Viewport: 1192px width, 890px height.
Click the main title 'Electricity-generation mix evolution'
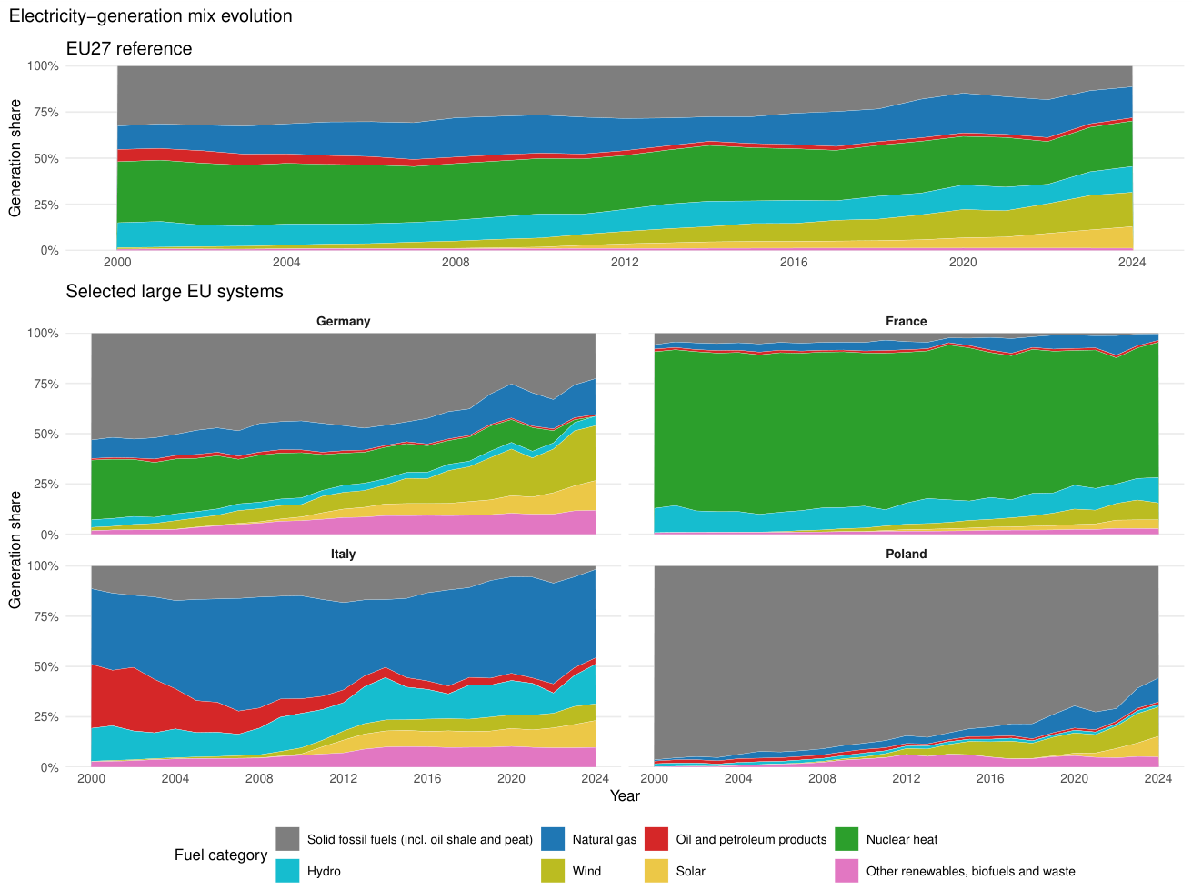pyautogui.click(x=150, y=15)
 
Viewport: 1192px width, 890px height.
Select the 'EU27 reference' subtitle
pyautogui.click(x=129, y=48)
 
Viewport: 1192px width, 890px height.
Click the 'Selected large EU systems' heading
pyautogui.click(x=175, y=292)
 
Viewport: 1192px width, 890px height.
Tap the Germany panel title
pyautogui.click(x=343, y=321)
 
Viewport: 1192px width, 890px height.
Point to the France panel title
pyautogui.click(x=906, y=321)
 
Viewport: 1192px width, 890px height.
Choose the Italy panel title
pyautogui.click(x=343, y=554)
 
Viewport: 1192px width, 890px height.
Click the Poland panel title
pyautogui.click(x=906, y=554)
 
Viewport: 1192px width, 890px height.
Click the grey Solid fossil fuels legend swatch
pyautogui.click(x=287, y=839)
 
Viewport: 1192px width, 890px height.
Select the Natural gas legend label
pyautogui.click(x=604, y=839)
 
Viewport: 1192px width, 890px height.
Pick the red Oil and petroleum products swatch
pyautogui.click(x=656, y=839)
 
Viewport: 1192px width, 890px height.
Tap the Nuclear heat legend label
pyautogui.click(x=901, y=839)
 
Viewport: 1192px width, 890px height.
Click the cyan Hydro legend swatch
pyautogui.click(x=287, y=870)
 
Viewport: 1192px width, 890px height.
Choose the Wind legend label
pyautogui.click(x=586, y=871)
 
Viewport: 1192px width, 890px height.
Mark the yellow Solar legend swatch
pyautogui.click(x=656, y=870)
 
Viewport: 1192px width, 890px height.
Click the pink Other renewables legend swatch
pyautogui.click(x=846, y=870)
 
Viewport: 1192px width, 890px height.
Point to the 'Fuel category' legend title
pyautogui.click(x=220, y=855)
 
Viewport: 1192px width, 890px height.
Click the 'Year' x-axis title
pyautogui.click(x=625, y=795)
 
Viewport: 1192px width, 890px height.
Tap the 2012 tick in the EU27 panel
pyautogui.click(x=625, y=263)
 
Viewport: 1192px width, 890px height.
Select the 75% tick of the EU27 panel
pyautogui.click(x=43, y=113)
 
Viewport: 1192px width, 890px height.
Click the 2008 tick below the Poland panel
pyautogui.click(x=822, y=779)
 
